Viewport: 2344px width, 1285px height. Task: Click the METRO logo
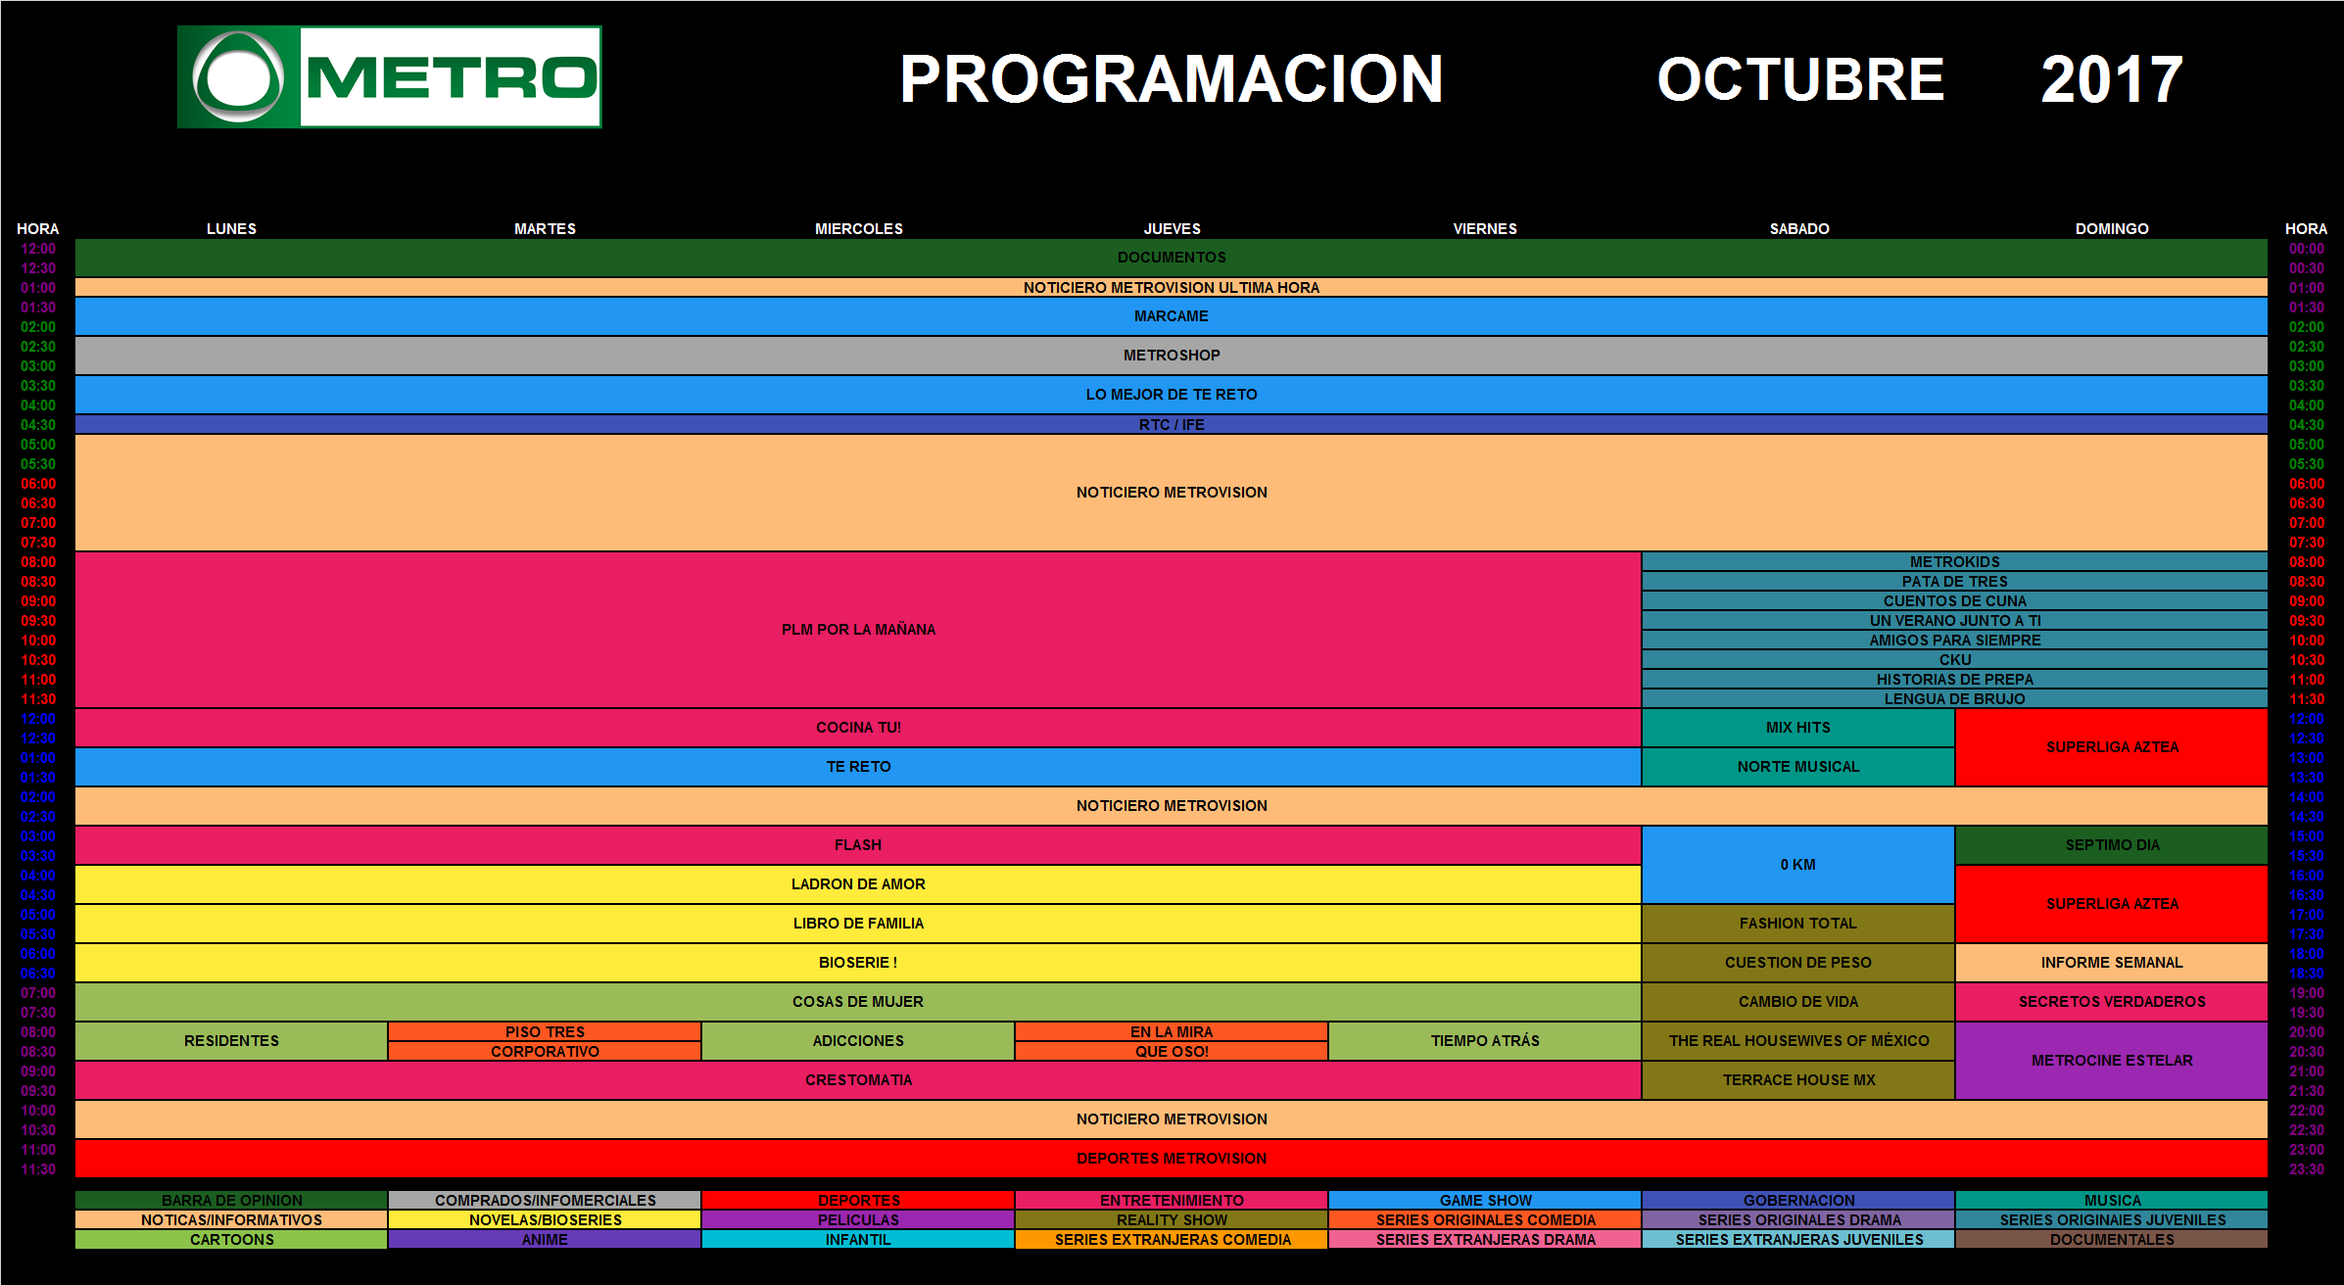pyautogui.click(x=389, y=77)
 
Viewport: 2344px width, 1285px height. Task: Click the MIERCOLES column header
pyautogui.click(x=858, y=229)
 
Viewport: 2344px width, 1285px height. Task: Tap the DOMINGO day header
pyautogui.click(x=2111, y=229)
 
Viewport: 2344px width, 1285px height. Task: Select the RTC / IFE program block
pyautogui.click(x=1171, y=425)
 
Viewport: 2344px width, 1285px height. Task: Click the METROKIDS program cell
pyautogui.click(x=1954, y=562)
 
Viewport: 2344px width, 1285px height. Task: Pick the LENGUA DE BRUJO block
pyautogui.click(x=1954, y=699)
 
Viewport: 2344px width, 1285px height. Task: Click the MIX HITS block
pyautogui.click(x=1797, y=728)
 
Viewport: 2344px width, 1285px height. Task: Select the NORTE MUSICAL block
pyautogui.click(x=1797, y=767)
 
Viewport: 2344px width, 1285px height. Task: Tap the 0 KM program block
pyautogui.click(x=1797, y=865)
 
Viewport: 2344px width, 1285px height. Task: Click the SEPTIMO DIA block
pyautogui.click(x=2111, y=845)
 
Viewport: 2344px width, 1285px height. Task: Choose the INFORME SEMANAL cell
pyautogui.click(x=2111, y=963)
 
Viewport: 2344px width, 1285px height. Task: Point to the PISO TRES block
pyautogui.click(x=545, y=1032)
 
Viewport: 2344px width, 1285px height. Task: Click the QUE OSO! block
pyautogui.click(x=1171, y=1052)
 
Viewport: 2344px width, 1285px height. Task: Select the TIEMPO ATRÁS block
pyautogui.click(x=1484, y=1041)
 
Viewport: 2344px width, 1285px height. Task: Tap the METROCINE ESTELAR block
pyautogui.click(x=2111, y=1061)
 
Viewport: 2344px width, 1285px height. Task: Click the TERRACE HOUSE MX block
pyautogui.click(x=1797, y=1080)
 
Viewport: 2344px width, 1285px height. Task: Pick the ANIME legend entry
pyautogui.click(x=545, y=1240)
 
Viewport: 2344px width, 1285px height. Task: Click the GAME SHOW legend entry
pyautogui.click(x=1484, y=1201)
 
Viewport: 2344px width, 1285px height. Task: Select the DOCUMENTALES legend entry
pyautogui.click(x=2111, y=1240)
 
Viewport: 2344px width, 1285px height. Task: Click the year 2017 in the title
pyautogui.click(x=2111, y=80)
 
